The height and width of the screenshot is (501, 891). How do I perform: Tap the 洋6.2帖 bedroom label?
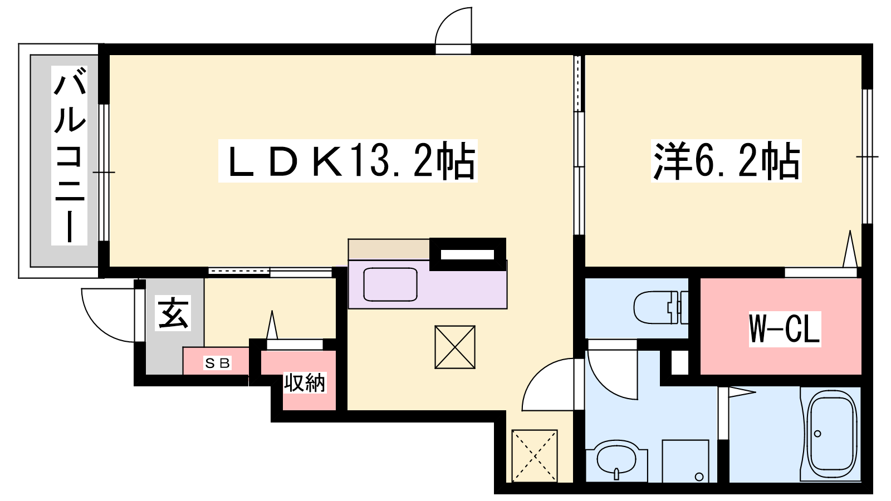tap(726, 161)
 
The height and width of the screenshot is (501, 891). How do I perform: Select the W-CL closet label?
tap(785, 328)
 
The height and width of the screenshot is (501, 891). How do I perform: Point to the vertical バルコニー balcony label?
tap(70, 155)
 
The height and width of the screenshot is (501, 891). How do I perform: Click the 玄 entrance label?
tap(173, 313)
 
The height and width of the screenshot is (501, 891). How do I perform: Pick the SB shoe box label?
tap(217, 362)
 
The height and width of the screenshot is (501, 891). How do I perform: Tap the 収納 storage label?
tap(305, 383)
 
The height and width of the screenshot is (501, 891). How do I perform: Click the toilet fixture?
tap(660, 307)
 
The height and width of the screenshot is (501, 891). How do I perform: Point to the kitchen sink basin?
tap(390, 284)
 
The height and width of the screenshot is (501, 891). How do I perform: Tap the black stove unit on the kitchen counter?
tap(468, 254)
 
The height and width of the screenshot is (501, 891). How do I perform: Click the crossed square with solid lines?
tap(454, 347)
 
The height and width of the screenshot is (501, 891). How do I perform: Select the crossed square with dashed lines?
tap(534, 456)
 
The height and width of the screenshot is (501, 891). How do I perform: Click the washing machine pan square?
tap(686, 461)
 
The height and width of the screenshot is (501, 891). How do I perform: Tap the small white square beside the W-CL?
tap(680, 362)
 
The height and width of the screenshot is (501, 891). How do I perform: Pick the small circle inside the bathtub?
tap(818, 434)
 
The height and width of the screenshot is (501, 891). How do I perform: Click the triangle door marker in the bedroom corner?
tap(850, 249)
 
